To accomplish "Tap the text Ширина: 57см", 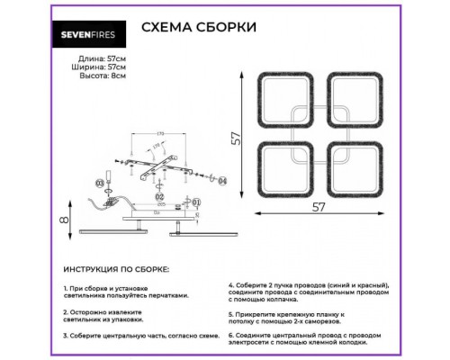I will coord(95,66).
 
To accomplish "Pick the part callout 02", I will coord(158,194).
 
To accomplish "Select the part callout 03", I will coord(100,184).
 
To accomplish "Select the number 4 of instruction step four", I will coord(231,282).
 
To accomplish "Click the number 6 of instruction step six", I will coord(231,332).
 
